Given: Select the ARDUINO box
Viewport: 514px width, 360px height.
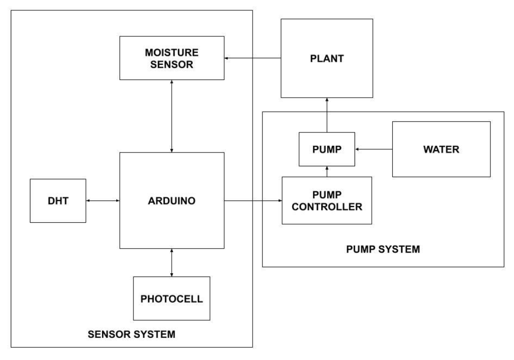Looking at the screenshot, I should coord(172,200).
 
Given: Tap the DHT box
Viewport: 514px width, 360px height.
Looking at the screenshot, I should coord(57,200).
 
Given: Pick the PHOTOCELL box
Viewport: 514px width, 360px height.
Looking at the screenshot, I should coord(172,298).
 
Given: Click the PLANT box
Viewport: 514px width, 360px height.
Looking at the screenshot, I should coord(327,58).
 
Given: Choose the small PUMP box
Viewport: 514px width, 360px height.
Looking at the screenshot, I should coord(327,150).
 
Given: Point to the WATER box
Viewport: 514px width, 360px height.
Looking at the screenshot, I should coord(441,149).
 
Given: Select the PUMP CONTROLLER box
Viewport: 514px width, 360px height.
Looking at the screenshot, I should coord(327,200).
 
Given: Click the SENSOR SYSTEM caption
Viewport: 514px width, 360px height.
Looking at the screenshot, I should coord(131,335).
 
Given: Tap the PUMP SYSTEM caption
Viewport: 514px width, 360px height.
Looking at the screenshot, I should coord(383,249).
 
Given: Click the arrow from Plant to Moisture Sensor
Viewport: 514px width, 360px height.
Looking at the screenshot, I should coord(252,58).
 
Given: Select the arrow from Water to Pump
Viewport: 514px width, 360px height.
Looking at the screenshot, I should coord(374,149).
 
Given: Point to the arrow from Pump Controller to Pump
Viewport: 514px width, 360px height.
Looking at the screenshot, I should coord(327,171).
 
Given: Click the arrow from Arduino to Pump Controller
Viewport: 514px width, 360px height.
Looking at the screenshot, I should coord(253,200).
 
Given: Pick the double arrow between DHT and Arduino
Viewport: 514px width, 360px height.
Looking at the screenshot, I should coord(103,200).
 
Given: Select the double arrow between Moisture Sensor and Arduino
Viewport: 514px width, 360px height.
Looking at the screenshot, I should coord(172,116).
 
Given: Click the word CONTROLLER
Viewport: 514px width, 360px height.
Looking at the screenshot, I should coord(327,206).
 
